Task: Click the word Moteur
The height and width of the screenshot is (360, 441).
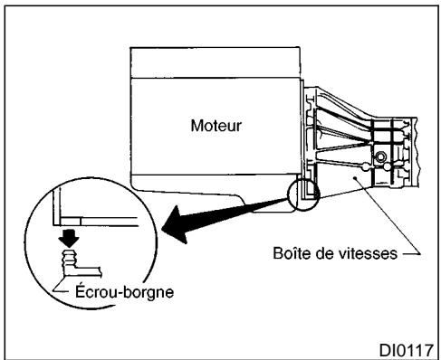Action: (x=216, y=125)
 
